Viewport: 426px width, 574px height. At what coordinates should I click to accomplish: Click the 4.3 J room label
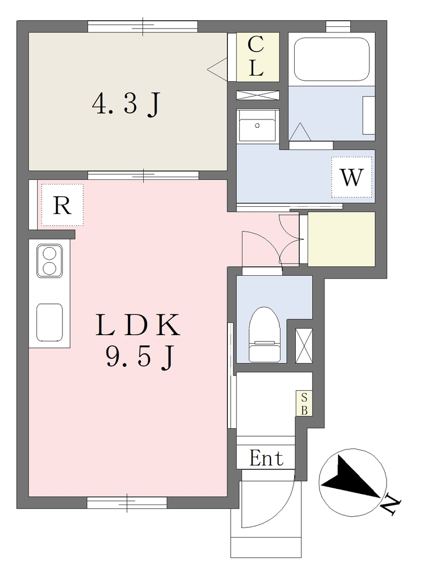coord(126,104)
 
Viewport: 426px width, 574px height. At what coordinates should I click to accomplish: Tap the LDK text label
coord(138,325)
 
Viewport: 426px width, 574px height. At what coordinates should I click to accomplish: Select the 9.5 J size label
coord(139,357)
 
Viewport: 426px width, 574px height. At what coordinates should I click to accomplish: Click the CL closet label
coord(256,57)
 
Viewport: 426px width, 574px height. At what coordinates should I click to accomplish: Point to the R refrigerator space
coord(62,205)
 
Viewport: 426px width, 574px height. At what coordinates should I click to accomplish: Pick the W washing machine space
coord(351,177)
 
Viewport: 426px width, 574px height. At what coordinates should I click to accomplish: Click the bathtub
coord(332,59)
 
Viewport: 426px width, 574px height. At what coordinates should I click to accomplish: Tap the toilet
coord(265,335)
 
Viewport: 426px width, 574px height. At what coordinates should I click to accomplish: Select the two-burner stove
coord(49,261)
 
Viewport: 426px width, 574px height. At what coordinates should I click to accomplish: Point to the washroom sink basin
coord(258,126)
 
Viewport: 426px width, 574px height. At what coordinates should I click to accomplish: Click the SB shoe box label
coord(304,404)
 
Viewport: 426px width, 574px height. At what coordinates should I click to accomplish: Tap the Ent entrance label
coord(267,458)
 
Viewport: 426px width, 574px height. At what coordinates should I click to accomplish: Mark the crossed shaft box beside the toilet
coord(304,346)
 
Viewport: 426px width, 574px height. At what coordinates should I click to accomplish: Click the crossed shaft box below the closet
coord(258,95)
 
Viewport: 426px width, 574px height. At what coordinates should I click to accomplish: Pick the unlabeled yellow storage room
coord(341,239)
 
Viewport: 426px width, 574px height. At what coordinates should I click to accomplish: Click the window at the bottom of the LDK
coord(127,503)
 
